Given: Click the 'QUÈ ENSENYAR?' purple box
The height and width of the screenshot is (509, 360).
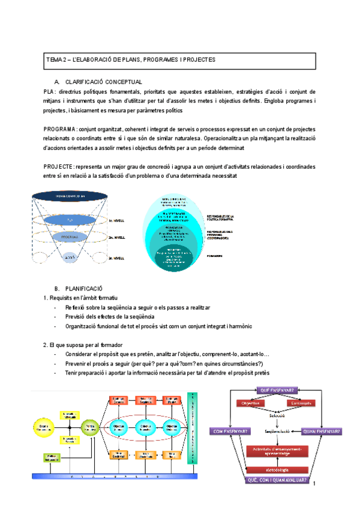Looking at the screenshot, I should (277, 391).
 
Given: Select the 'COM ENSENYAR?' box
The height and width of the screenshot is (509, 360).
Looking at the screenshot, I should (227, 431).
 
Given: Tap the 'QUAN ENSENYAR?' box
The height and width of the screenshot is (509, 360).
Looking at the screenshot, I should (322, 431).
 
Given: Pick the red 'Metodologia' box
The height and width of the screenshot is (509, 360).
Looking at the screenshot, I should (277, 470).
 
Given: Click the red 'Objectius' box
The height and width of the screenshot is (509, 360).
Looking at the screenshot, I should (250, 404).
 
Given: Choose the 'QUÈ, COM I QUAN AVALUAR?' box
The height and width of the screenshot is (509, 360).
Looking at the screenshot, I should (277, 480).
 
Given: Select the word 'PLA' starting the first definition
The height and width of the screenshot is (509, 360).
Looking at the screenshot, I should (50, 91).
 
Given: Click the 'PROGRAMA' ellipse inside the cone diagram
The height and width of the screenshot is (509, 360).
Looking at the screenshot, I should (70, 237).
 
